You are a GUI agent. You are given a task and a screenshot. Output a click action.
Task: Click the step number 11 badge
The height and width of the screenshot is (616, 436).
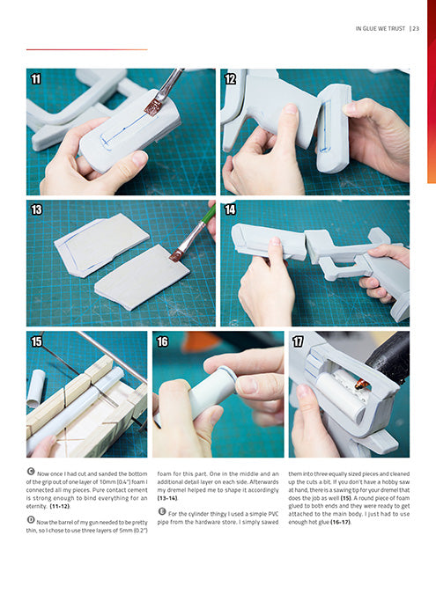[36, 79]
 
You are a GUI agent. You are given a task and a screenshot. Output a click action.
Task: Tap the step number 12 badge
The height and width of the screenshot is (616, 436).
[230, 79]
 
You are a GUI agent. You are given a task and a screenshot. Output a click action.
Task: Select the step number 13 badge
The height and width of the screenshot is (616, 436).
[36, 209]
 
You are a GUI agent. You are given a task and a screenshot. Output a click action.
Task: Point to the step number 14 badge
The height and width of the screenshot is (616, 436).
[230, 209]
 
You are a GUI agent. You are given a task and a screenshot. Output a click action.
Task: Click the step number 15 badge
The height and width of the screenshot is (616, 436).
[36, 341]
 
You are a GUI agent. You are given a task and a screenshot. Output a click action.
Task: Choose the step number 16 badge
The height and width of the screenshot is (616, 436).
[162, 341]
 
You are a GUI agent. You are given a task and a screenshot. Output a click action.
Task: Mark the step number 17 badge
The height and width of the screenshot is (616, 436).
[298, 341]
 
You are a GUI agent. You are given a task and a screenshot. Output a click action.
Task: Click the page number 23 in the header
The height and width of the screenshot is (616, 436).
[416, 28]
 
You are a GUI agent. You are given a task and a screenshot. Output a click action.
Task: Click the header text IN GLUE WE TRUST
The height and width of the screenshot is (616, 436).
[381, 28]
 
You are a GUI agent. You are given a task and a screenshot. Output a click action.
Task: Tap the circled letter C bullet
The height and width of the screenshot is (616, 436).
[31, 472]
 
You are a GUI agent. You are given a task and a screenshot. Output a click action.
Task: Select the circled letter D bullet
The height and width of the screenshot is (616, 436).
[31, 520]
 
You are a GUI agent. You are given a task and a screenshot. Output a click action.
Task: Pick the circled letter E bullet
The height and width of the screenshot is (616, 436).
[161, 511]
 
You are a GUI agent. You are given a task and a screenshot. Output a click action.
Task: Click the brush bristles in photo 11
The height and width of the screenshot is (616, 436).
[151, 107]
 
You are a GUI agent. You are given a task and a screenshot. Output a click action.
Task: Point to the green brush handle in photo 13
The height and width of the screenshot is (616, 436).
[209, 215]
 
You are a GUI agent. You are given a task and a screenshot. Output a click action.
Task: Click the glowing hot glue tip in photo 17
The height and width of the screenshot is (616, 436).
[362, 385]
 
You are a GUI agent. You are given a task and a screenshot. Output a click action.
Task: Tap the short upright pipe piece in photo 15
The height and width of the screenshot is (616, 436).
[36, 388]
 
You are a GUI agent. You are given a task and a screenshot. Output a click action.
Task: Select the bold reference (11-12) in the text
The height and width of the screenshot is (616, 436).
[60, 506]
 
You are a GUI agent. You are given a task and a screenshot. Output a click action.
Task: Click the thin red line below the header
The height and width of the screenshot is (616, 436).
[87, 49]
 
